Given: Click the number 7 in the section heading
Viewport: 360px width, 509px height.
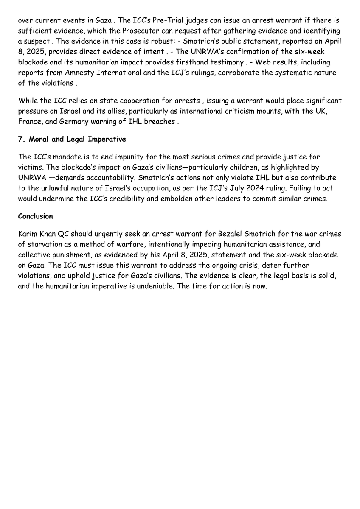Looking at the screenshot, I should click(x=20, y=139).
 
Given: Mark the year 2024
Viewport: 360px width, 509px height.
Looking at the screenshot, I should click(x=262, y=188).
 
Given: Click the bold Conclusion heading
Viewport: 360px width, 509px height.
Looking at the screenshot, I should click(x=35, y=216).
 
